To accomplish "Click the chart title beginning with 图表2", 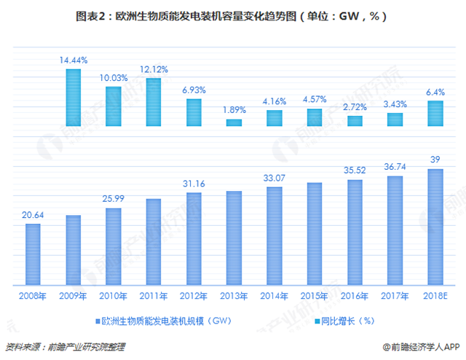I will pos(233,15).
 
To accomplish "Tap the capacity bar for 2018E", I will pos(435,227).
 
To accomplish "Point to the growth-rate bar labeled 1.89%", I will pos(234,122).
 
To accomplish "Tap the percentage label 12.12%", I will pos(154,70).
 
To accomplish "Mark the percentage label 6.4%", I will pos(435,93).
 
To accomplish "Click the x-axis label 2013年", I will pos(234,295).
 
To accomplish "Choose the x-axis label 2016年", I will pos(355,295).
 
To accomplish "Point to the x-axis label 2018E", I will pos(435,295).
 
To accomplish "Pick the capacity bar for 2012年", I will pos(194,238).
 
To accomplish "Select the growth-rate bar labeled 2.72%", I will pos(355,120).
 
